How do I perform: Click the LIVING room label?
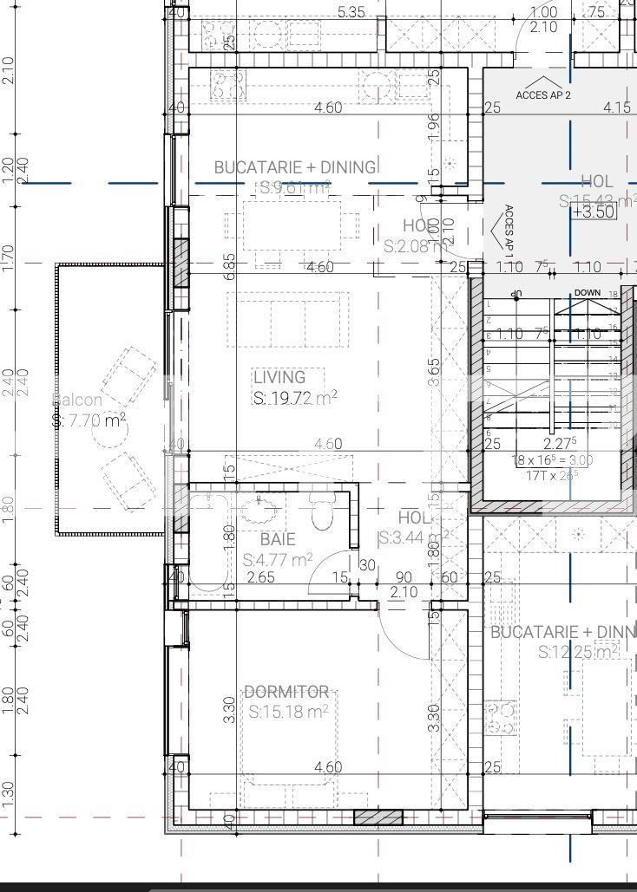(x=279, y=377)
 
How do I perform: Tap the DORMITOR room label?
(x=286, y=692)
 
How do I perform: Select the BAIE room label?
(x=277, y=539)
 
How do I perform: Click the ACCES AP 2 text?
(x=543, y=94)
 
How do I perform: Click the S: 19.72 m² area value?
(x=295, y=398)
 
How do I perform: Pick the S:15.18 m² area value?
(x=288, y=713)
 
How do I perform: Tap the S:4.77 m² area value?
(x=278, y=560)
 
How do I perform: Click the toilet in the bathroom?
(x=322, y=515)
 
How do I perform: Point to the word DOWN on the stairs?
(x=587, y=293)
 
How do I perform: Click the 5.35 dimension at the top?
(x=351, y=12)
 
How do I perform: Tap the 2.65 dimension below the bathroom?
(x=260, y=577)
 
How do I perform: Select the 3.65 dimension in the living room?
(x=434, y=368)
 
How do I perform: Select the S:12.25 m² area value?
(x=577, y=652)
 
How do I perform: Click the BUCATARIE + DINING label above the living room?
(x=295, y=166)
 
